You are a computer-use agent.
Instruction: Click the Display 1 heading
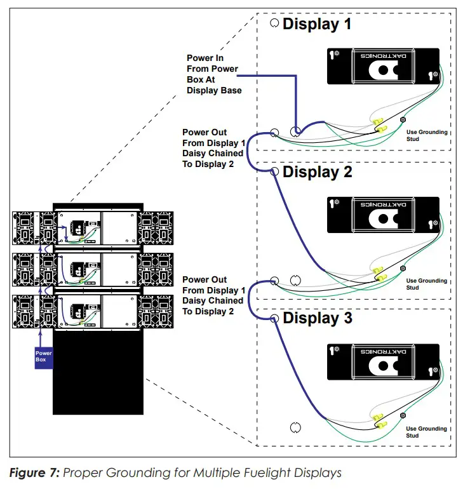point(316,25)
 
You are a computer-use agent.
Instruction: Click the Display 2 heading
point(317,172)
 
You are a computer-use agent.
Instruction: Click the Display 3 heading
point(317,318)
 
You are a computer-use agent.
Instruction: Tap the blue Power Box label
point(44,357)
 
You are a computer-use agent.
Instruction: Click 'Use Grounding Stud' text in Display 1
point(427,135)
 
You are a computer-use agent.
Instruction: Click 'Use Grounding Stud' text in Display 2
point(427,283)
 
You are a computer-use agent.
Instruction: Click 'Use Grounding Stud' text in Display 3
point(427,432)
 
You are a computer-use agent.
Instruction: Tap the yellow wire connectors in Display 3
point(380,420)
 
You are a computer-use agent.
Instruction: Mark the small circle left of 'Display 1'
point(274,23)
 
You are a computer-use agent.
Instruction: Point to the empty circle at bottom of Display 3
point(294,427)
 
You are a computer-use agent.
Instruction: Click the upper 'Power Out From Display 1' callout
point(213,148)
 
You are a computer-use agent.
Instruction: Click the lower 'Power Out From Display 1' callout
point(213,295)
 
